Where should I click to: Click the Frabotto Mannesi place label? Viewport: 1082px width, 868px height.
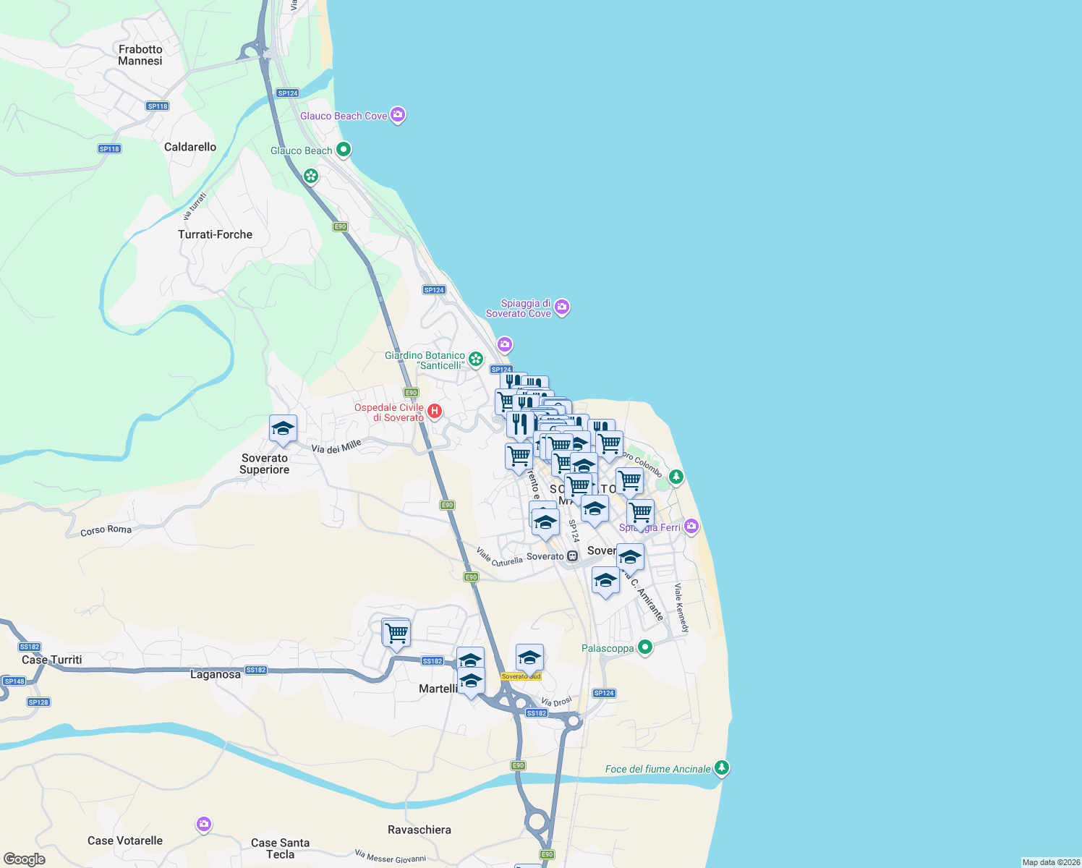click(x=140, y=55)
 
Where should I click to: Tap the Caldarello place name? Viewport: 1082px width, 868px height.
click(x=190, y=147)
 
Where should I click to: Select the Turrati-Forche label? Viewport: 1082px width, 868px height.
click(x=215, y=234)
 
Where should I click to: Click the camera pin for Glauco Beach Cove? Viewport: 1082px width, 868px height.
click(x=398, y=115)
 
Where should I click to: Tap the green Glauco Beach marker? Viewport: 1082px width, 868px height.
click(x=344, y=150)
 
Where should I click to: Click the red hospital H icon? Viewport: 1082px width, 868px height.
click(x=435, y=412)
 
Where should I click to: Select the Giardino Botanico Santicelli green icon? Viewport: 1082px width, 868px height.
click(x=476, y=359)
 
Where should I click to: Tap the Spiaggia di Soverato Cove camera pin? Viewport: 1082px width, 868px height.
click(x=562, y=307)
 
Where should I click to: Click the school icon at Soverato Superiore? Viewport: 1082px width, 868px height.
click(x=283, y=430)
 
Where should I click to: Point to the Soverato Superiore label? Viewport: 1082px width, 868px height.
click(x=265, y=464)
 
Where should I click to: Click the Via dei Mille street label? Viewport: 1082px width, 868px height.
click(x=336, y=448)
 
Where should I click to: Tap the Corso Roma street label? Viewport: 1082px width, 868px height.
click(x=106, y=530)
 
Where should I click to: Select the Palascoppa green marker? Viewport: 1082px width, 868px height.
click(x=645, y=647)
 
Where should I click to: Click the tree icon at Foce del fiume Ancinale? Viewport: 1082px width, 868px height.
click(x=721, y=767)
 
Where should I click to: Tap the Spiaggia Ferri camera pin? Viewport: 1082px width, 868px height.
click(x=691, y=526)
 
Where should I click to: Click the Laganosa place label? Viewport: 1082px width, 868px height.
click(x=215, y=674)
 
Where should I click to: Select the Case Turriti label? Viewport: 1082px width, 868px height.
click(x=52, y=660)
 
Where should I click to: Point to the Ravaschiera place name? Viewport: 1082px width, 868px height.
click(x=419, y=830)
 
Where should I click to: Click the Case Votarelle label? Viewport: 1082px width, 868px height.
click(x=125, y=841)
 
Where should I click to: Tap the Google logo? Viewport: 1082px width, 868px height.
click(x=24, y=859)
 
